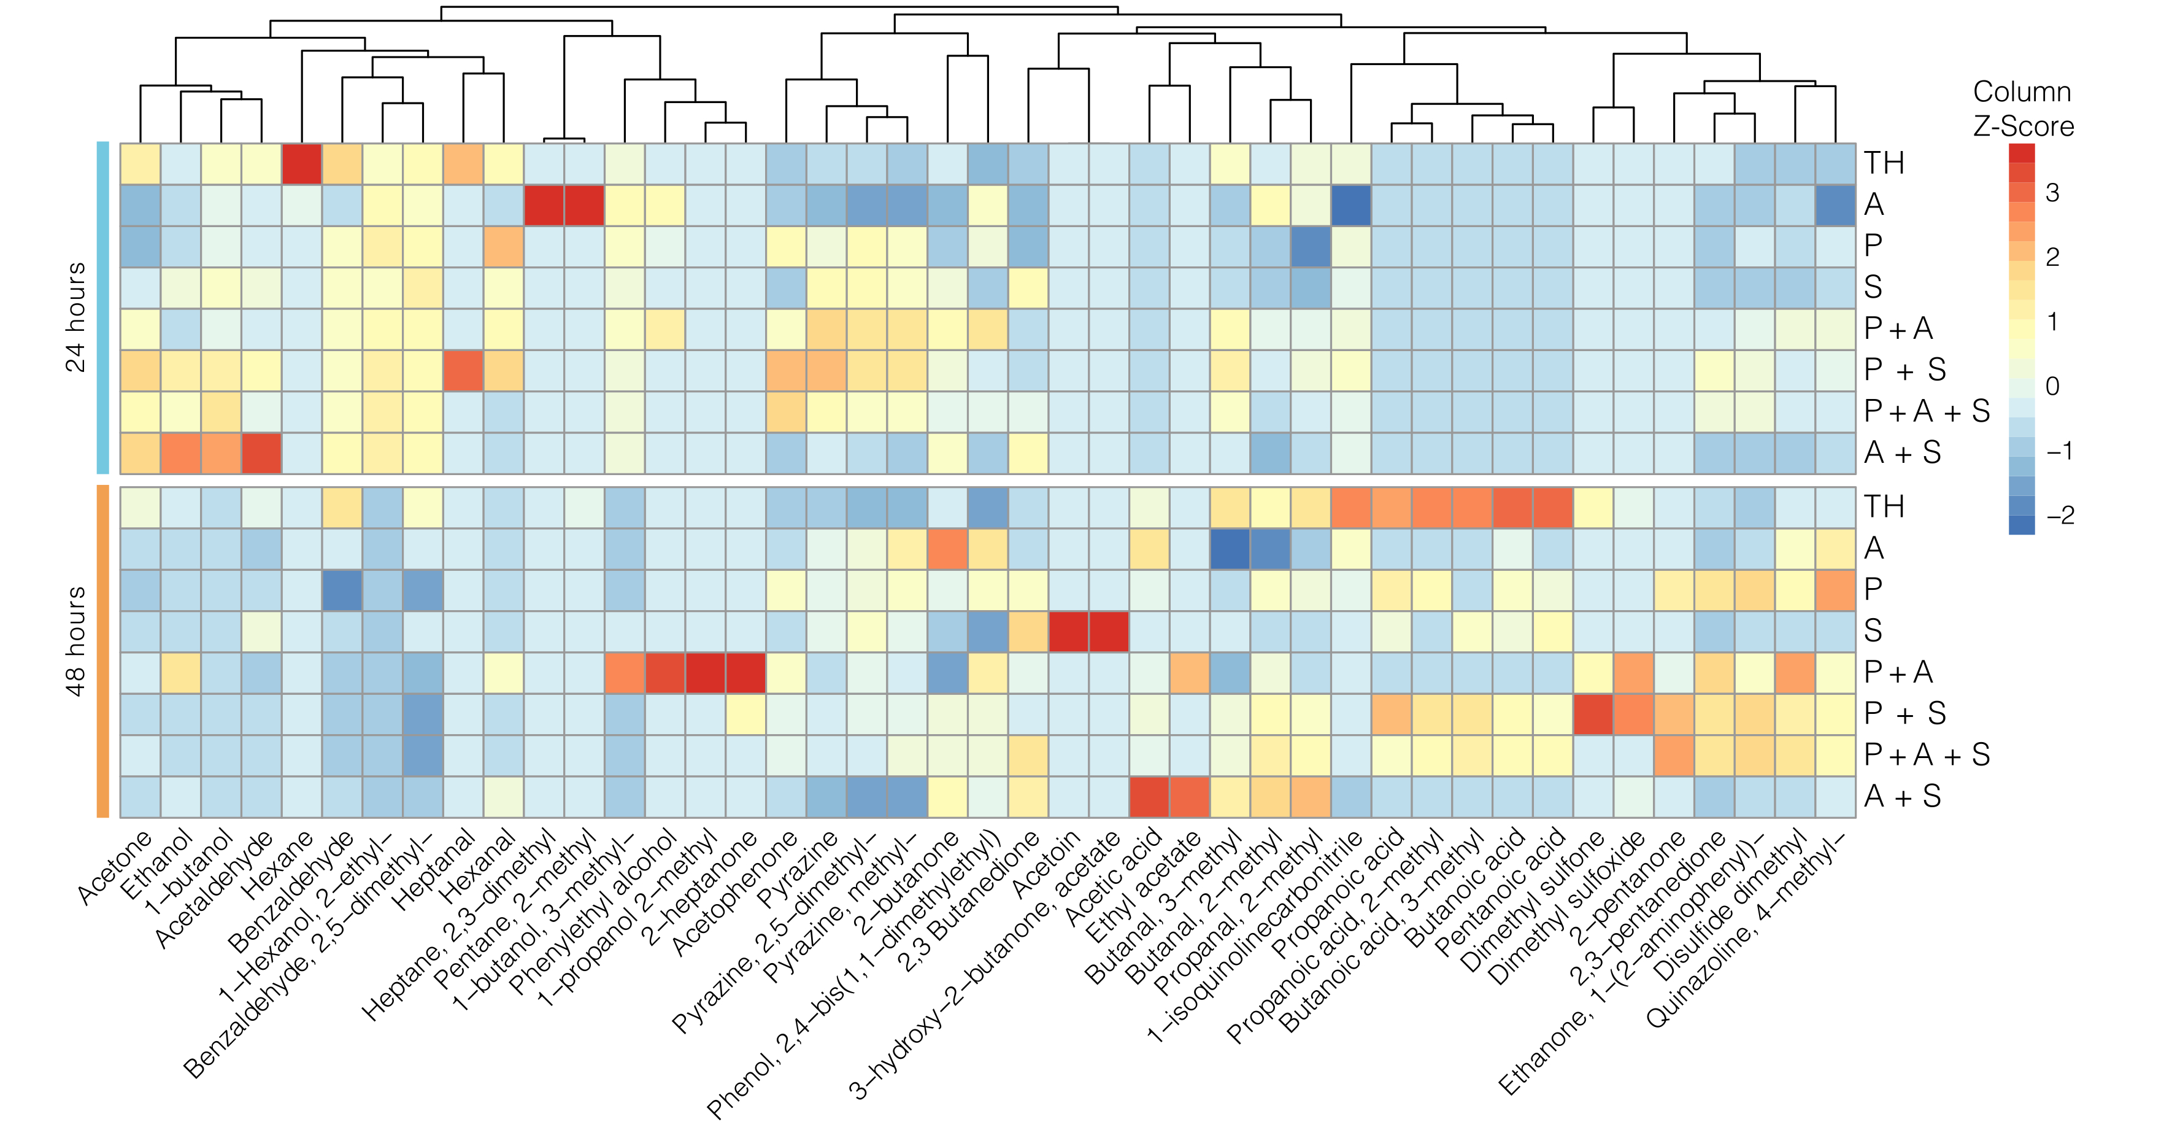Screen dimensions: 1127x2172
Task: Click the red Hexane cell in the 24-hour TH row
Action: [x=302, y=164]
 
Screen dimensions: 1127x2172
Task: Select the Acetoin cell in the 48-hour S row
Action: [x=1068, y=631]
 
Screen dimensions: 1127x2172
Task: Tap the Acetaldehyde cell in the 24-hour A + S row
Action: [x=261, y=453]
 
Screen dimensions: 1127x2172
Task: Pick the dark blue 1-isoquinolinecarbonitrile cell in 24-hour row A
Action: [x=1351, y=205]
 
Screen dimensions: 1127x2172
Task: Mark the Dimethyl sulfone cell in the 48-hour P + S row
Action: [x=1593, y=714]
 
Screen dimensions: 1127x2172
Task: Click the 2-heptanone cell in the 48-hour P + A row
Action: [x=745, y=672]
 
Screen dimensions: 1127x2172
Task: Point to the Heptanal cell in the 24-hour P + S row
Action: [x=463, y=370]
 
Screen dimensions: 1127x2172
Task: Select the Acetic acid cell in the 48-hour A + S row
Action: [x=1149, y=796]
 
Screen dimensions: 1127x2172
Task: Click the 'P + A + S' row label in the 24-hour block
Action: [x=1927, y=412]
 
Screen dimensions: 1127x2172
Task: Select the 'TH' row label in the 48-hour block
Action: [x=1884, y=507]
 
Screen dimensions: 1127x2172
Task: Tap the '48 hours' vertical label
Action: [x=76, y=641]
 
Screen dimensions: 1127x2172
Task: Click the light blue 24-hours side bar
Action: [x=103, y=308]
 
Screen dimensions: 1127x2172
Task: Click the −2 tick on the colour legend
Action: [x=2060, y=516]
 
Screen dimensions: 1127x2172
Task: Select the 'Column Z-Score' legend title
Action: [x=2022, y=109]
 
